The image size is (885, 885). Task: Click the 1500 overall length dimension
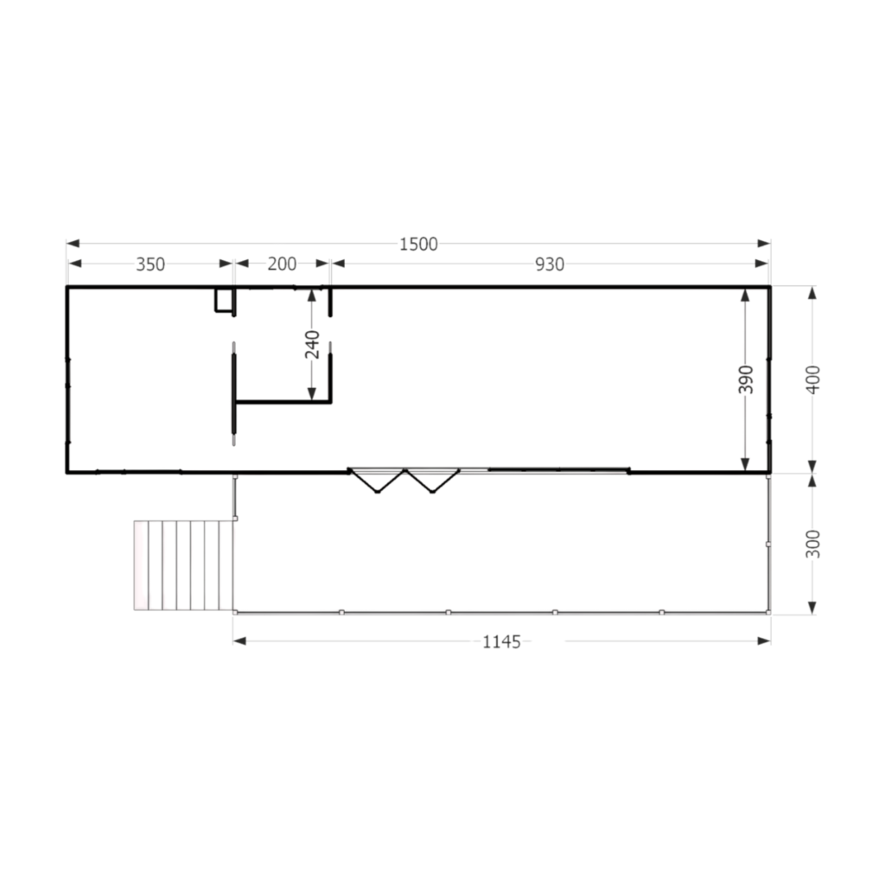(418, 244)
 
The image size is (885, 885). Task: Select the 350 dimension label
(150, 264)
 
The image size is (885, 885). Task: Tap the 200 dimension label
(282, 264)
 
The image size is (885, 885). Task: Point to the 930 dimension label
(549, 264)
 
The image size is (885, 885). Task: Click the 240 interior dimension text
(312, 344)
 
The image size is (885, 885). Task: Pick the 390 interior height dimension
(746, 379)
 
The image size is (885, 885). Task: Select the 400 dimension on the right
(812, 379)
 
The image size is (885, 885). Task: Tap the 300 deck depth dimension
(812, 544)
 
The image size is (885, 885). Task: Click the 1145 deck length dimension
(501, 642)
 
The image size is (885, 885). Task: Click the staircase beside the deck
(183, 565)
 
